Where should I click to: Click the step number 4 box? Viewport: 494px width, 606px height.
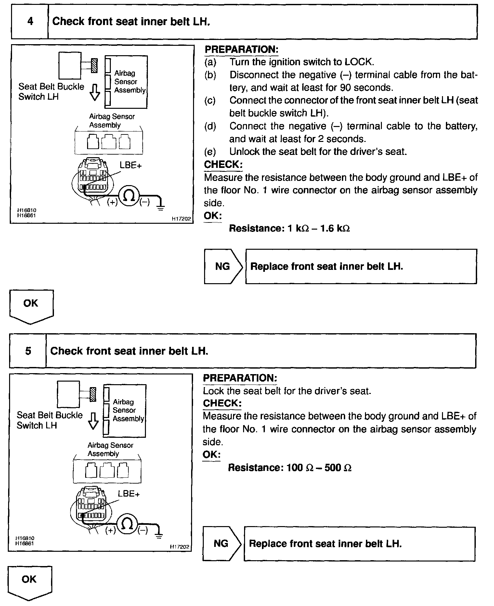30,21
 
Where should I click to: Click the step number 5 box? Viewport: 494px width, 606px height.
28,351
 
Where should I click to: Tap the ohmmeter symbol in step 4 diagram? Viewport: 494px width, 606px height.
129,196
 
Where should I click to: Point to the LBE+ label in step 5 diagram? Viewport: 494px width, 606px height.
129,494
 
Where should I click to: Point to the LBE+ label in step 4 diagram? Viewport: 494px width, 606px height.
130,165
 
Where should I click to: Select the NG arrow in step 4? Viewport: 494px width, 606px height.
223,267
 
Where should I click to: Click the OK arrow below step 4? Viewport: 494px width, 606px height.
31,306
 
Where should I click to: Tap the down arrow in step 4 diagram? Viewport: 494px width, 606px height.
95,93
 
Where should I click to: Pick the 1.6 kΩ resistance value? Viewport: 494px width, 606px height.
335,228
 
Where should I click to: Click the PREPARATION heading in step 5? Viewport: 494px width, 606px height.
240,378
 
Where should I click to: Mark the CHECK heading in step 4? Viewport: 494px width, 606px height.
223,165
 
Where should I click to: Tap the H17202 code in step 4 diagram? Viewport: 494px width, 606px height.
181,219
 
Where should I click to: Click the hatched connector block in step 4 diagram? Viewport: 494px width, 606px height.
94,65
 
